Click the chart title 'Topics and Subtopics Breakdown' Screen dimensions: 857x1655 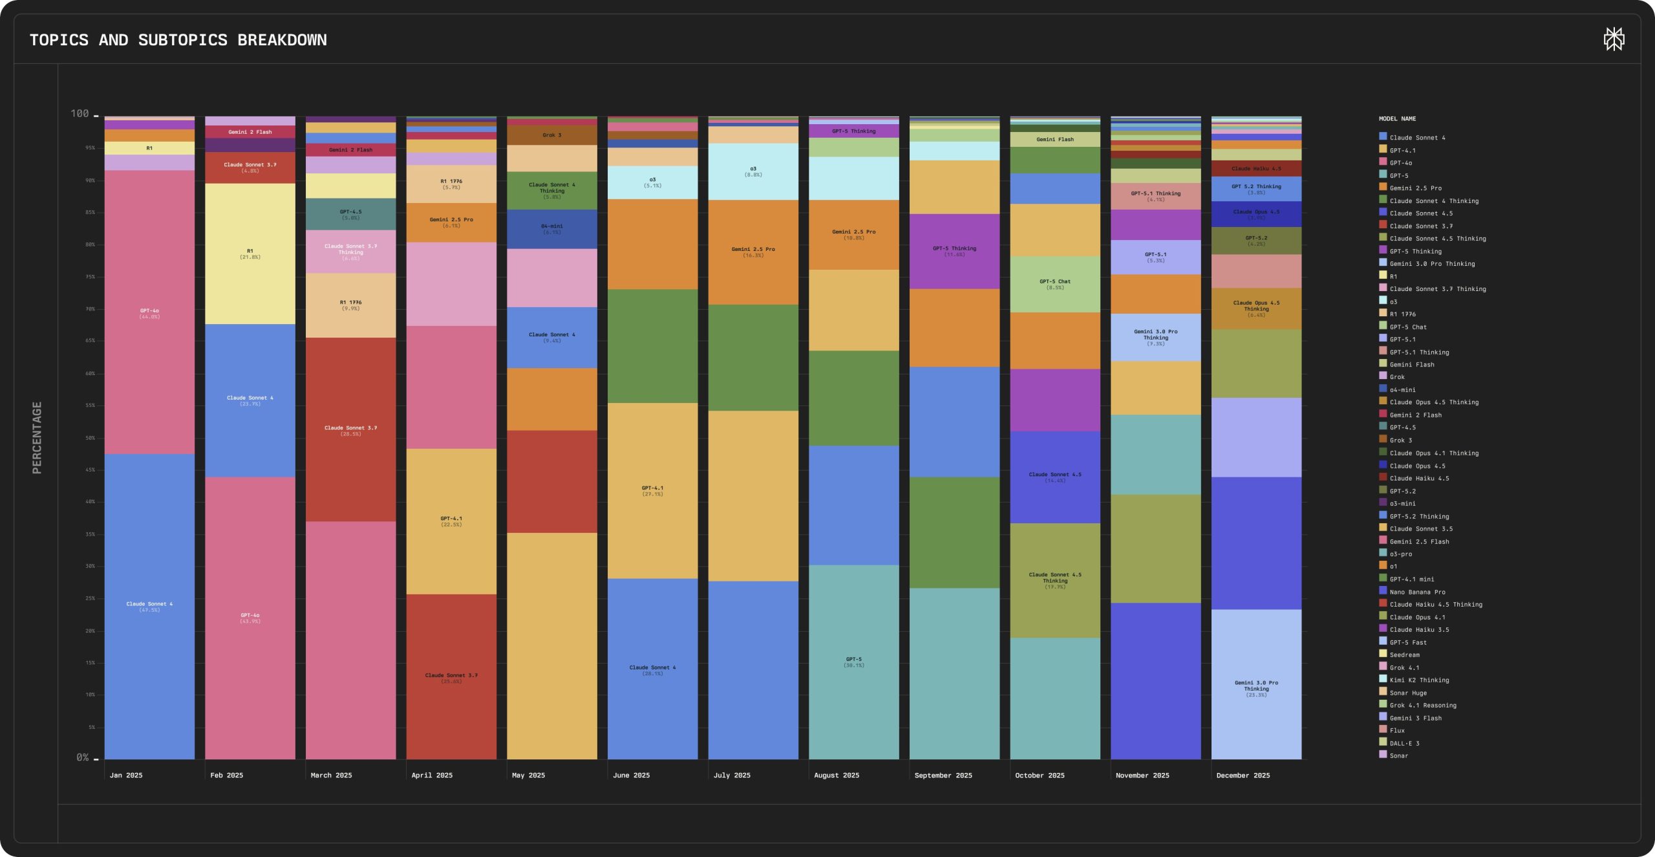click(x=178, y=40)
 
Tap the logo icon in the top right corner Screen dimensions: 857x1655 click(x=1614, y=39)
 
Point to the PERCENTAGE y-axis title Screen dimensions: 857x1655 click(x=37, y=437)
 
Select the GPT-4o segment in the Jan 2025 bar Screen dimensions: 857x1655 click(x=149, y=313)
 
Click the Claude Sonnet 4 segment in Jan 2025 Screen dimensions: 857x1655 click(x=149, y=606)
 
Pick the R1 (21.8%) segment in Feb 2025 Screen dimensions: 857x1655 click(x=250, y=254)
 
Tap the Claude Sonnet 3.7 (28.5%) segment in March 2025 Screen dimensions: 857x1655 click(x=350, y=430)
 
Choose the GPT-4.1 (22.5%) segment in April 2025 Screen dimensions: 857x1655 click(x=451, y=521)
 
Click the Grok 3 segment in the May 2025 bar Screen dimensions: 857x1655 click(x=551, y=135)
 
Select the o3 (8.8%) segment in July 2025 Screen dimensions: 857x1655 click(x=753, y=171)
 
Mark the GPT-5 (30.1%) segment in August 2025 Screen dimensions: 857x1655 click(x=853, y=662)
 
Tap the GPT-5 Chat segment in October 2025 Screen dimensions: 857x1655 click(x=1055, y=284)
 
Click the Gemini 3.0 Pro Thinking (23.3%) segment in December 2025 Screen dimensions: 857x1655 click(x=1256, y=688)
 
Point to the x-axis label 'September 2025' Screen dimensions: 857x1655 click(x=943, y=775)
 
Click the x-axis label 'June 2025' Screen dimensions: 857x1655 click(x=631, y=775)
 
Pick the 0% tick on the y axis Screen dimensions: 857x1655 click(x=83, y=757)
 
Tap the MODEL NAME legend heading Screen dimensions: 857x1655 click(x=1397, y=119)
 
